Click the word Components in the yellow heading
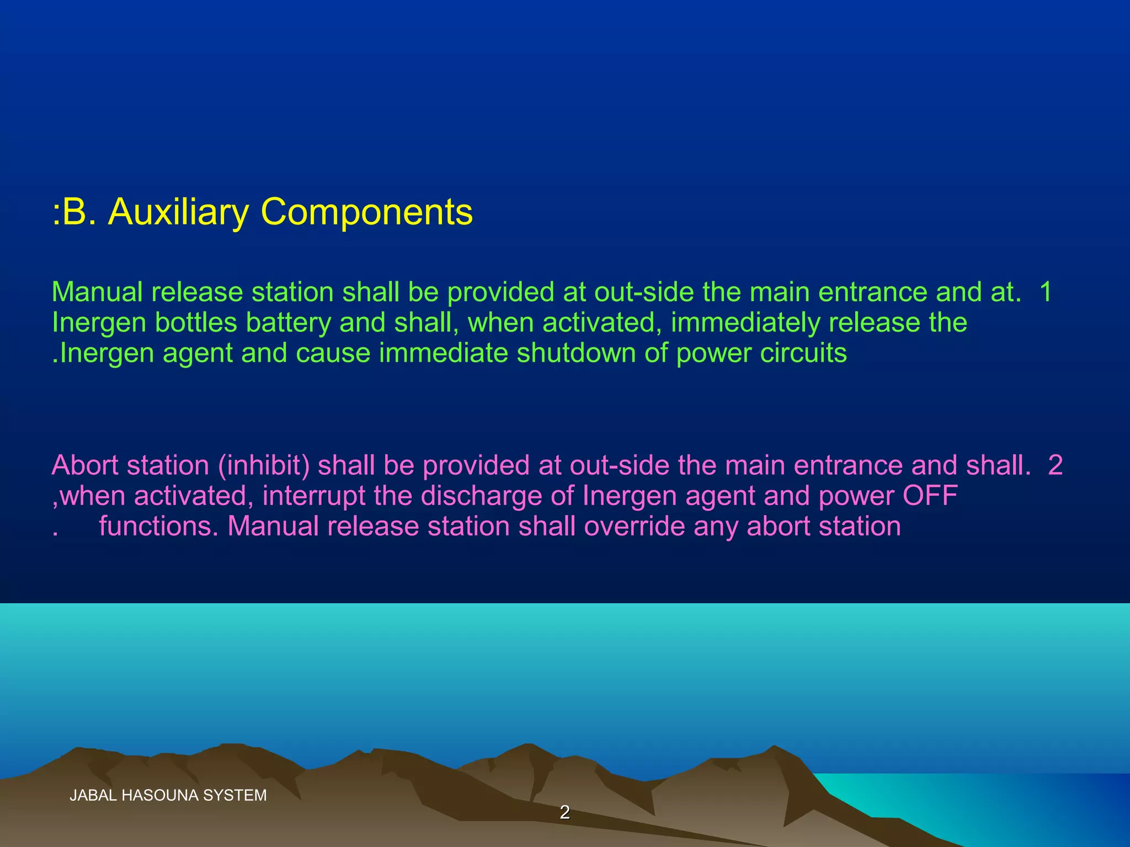coord(366,212)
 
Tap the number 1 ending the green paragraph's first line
coord(1046,292)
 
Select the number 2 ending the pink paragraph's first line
coord(1055,465)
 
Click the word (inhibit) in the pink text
coord(264,465)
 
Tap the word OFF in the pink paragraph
coord(930,496)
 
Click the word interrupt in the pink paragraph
coord(313,496)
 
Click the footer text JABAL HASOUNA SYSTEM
coord(168,795)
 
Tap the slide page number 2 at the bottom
coord(564,812)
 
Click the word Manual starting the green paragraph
coord(97,292)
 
